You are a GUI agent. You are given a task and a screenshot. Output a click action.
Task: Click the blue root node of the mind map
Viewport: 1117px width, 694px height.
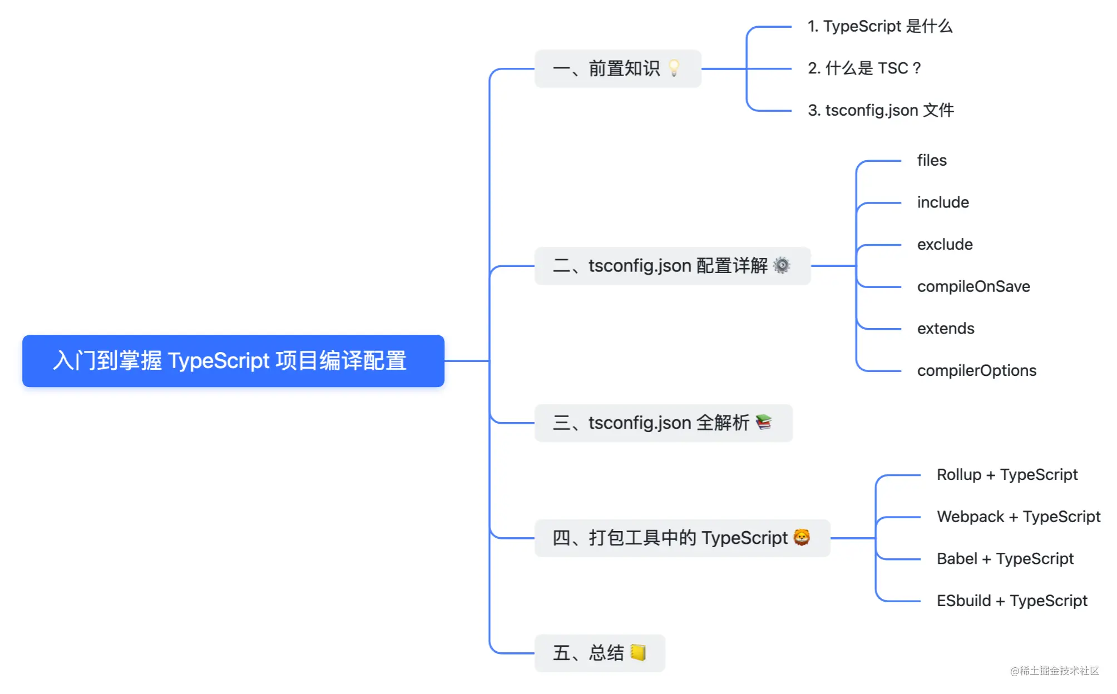click(x=233, y=361)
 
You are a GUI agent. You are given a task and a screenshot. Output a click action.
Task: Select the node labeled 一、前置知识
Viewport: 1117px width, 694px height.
click(x=617, y=68)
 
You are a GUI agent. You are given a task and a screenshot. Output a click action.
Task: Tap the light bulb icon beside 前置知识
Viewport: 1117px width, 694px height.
click(x=674, y=68)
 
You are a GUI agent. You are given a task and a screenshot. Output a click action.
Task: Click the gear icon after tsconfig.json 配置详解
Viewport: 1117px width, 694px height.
click(x=782, y=265)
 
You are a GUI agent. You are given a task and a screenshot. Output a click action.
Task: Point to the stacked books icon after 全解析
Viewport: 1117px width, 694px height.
click(x=764, y=422)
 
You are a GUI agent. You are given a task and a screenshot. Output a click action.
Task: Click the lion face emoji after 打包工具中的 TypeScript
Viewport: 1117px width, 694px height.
click(x=802, y=537)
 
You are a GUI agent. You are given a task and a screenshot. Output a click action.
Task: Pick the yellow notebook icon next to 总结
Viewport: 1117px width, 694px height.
click(x=638, y=652)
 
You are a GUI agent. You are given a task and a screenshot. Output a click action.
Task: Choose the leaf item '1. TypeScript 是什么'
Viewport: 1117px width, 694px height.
click(x=880, y=26)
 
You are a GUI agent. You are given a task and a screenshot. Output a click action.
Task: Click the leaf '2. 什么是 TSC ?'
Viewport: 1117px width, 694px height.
click(x=864, y=68)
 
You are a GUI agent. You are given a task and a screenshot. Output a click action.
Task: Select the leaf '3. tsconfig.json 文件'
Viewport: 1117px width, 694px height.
click(x=881, y=110)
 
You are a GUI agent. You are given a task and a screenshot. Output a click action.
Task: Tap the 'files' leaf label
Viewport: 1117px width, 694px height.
click(x=932, y=160)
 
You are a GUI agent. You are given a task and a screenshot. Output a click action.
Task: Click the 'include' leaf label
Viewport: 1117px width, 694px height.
click(x=943, y=202)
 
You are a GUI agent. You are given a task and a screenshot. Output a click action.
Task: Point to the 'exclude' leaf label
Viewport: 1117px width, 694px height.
click(x=945, y=244)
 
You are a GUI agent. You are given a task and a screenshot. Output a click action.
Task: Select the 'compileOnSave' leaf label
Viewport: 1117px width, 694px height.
click(x=973, y=286)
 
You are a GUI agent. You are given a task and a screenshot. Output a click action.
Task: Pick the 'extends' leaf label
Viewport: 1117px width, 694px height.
click(x=946, y=328)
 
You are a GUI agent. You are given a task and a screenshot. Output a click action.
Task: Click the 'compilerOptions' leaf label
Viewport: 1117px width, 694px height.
click(x=977, y=370)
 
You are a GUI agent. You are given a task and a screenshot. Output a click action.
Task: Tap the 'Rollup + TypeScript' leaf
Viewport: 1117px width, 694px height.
click(x=1007, y=474)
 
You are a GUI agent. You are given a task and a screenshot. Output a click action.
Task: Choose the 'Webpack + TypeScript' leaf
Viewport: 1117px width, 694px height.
click(x=1019, y=517)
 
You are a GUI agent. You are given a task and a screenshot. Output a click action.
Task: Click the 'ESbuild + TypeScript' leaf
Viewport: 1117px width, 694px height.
click(x=1012, y=601)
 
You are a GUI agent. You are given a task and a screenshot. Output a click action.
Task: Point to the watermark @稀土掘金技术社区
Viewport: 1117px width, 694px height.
click(x=1055, y=671)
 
